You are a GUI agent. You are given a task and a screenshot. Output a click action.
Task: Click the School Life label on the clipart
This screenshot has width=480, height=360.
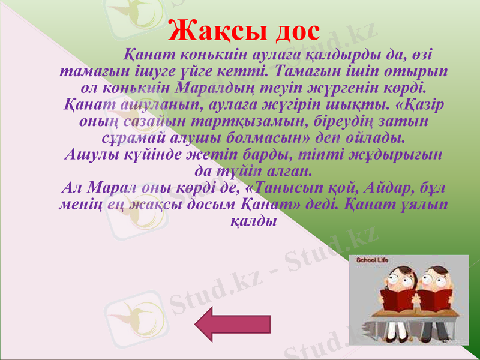tap(373, 261)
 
